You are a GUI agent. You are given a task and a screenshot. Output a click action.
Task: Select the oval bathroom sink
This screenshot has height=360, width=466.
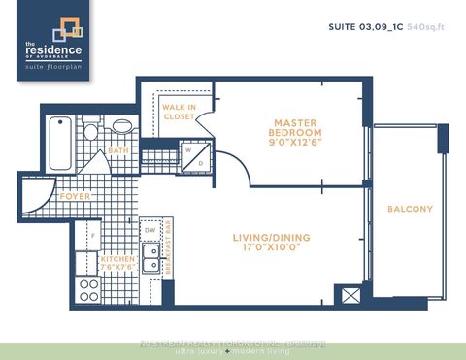(122, 126)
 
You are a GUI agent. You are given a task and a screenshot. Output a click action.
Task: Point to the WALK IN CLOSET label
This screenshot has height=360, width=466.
(178, 112)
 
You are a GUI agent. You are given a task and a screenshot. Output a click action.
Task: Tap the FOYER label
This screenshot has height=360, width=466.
(75, 195)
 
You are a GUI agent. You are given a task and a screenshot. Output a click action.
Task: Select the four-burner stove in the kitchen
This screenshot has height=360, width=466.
(90, 288)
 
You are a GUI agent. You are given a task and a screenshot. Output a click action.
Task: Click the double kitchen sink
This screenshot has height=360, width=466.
(150, 258)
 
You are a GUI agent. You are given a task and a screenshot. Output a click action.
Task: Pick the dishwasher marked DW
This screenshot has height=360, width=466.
(150, 230)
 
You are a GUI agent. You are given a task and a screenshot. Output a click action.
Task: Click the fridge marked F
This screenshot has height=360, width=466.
(92, 235)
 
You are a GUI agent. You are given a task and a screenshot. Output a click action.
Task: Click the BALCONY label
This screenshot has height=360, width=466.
(410, 209)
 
